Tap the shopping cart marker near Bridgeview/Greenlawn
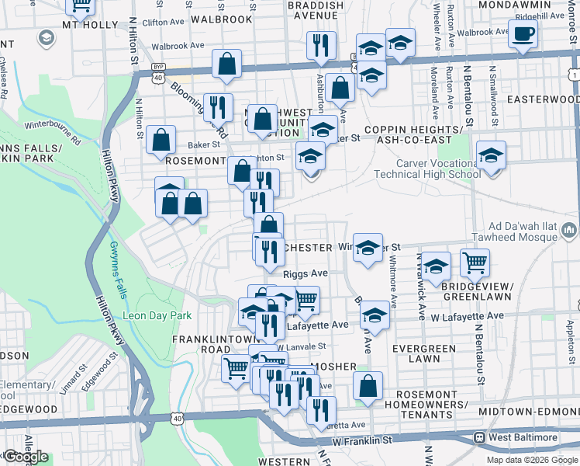pos(475,263)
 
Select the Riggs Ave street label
pos(306,273)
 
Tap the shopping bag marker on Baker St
pos(161,141)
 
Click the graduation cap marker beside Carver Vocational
pos(491,155)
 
